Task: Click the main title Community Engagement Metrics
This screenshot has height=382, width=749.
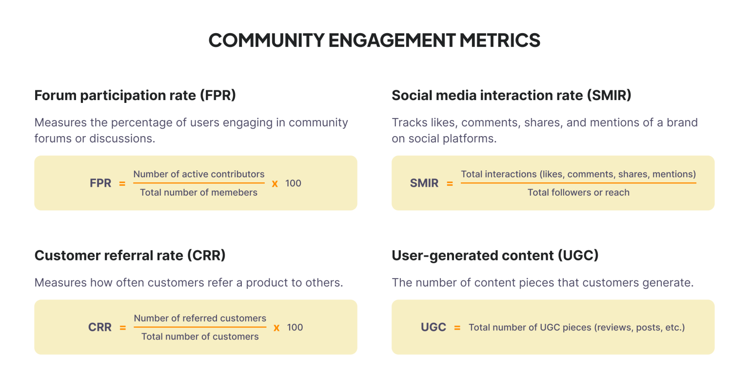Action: (x=374, y=40)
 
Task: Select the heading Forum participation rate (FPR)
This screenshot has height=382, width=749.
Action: (x=135, y=95)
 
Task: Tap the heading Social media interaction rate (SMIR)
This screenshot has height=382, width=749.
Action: (x=511, y=95)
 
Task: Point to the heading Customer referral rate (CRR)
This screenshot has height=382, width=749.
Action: (x=130, y=255)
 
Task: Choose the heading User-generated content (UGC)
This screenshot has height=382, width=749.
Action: (x=495, y=255)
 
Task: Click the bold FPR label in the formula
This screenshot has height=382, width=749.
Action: (x=100, y=183)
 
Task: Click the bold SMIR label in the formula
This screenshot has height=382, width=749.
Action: (x=424, y=183)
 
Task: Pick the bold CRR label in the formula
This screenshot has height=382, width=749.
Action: (x=100, y=327)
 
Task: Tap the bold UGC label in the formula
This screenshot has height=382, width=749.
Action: (x=434, y=327)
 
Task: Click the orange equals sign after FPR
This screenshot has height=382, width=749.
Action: (x=122, y=184)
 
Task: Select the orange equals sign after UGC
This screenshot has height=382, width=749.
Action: (x=457, y=328)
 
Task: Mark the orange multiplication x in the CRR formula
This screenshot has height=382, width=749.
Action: (x=276, y=327)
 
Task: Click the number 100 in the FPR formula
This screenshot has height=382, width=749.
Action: (x=293, y=183)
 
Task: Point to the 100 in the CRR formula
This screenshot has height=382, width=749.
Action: (x=295, y=327)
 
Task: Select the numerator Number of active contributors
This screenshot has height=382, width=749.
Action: (x=199, y=174)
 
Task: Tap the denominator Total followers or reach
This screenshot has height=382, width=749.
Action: (x=578, y=193)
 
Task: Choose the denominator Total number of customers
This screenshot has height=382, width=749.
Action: (x=200, y=337)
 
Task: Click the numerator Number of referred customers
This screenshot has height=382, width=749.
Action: (x=200, y=319)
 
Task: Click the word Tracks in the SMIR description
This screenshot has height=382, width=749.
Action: (x=407, y=122)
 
